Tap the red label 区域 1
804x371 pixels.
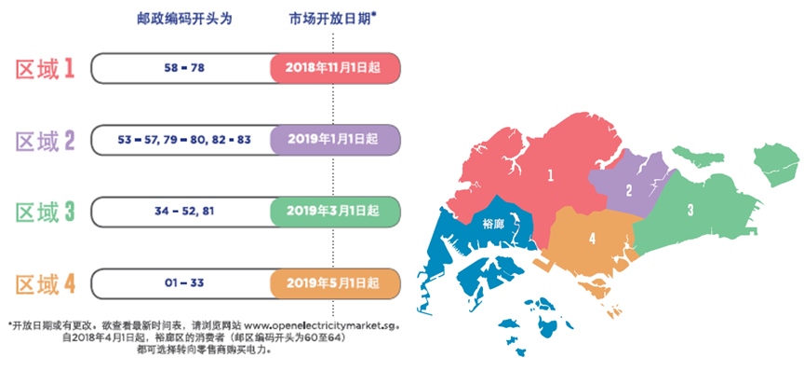45,68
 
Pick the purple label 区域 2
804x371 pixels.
45,141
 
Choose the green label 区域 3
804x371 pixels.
45,212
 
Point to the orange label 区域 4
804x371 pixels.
45,282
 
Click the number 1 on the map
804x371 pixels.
550,174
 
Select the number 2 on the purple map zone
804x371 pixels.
629,190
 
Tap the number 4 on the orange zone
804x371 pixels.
592,238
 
